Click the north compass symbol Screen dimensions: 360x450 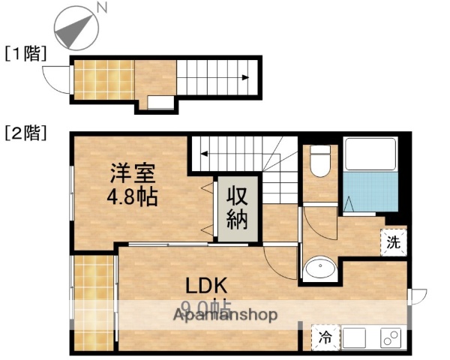[x=74, y=28]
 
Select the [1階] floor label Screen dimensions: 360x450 [x=25, y=54]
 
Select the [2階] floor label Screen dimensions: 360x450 [x=25, y=133]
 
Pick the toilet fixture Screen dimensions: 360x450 [x=321, y=162]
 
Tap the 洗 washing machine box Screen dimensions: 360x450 [x=393, y=241]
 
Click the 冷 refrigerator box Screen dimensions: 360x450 [x=325, y=337]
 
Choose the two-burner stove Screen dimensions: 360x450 [x=391, y=338]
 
